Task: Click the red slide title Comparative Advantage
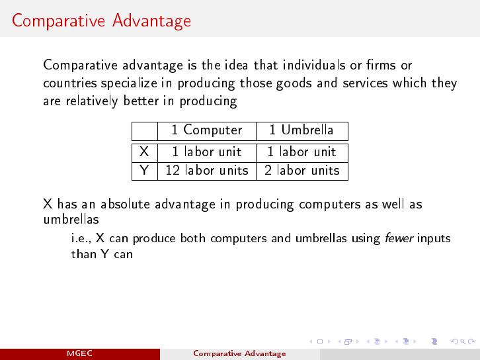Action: [101, 21]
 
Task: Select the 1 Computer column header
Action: [207, 130]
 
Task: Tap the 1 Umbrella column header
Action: [301, 130]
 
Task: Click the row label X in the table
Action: [144, 152]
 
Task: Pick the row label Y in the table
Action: [144, 170]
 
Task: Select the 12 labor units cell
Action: [207, 170]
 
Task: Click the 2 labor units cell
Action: [302, 170]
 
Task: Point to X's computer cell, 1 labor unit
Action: [207, 152]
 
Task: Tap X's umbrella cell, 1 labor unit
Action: [302, 152]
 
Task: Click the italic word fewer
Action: [399, 238]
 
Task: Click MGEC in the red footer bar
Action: [79, 353]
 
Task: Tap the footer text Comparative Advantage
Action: [239, 353]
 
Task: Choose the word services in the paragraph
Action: [365, 83]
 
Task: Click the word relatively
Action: [92, 101]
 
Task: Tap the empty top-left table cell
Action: [145, 131]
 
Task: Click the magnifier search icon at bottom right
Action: [463, 341]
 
